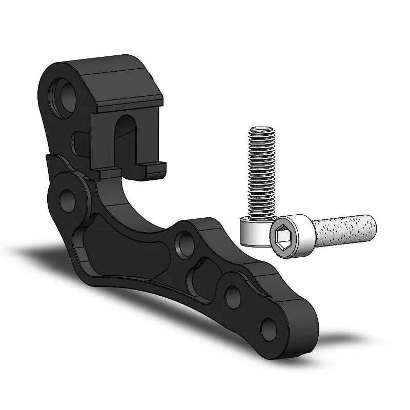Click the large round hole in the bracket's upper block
[x=65, y=95]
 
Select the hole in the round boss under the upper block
[x=67, y=200]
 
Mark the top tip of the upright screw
[x=262, y=129]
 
